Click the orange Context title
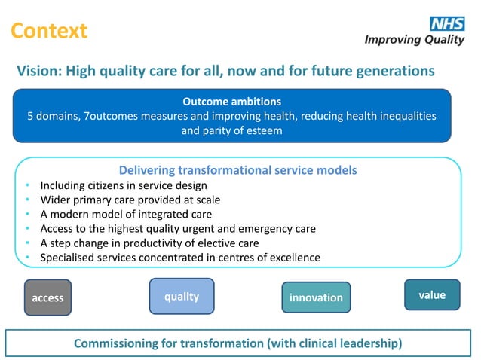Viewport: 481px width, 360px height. (x=49, y=31)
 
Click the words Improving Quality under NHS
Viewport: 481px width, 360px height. (x=414, y=40)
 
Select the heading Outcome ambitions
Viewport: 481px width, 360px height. (x=231, y=102)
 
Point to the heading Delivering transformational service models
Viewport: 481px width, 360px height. (x=237, y=170)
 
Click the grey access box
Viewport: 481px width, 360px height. (x=47, y=297)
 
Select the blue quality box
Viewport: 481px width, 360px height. (x=182, y=296)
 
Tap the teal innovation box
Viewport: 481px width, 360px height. (x=316, y=297)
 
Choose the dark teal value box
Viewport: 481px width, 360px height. (x=432, y=294)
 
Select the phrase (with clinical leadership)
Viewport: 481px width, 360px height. (x=334, y=343)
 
